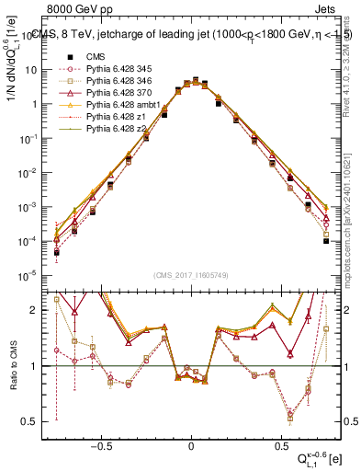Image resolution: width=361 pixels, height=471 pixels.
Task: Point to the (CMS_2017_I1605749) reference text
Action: (x=191, y=275)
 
